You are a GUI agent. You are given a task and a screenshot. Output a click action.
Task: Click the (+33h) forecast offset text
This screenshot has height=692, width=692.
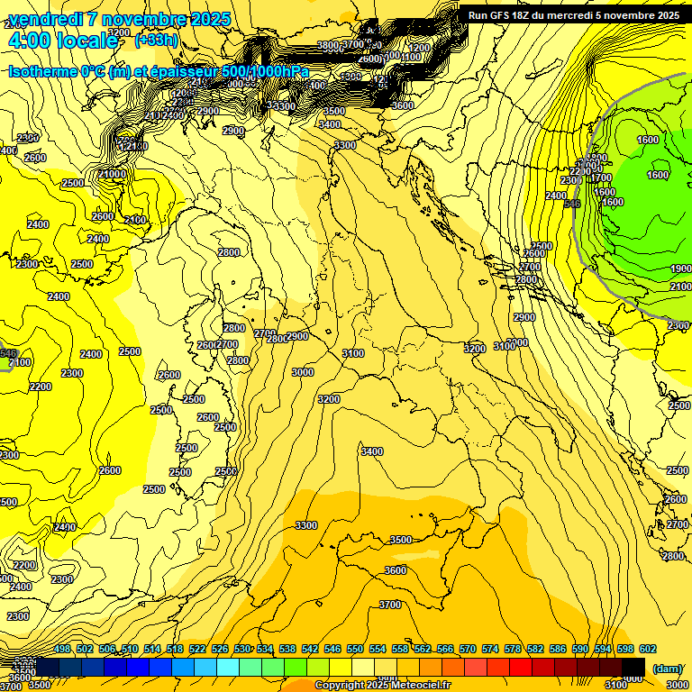pos(154,41)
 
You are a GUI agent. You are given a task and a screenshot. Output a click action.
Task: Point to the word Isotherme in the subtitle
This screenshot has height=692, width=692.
pos(45,71)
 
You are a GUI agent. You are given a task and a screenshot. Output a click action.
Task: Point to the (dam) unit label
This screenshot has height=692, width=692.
pos(667,669)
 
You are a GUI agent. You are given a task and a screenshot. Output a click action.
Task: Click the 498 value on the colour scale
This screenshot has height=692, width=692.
pos(62,650)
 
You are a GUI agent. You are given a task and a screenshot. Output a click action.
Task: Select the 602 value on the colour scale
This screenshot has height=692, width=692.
pos(647,650)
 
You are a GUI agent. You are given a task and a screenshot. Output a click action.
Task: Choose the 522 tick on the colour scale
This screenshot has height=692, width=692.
pos(197,650)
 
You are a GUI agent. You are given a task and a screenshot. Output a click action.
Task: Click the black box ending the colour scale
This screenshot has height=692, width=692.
pos(633,667)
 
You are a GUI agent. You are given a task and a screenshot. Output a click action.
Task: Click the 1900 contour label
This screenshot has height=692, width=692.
pos(680,269)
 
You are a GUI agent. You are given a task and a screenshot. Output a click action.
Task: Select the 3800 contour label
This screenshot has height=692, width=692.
pos(328,45)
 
